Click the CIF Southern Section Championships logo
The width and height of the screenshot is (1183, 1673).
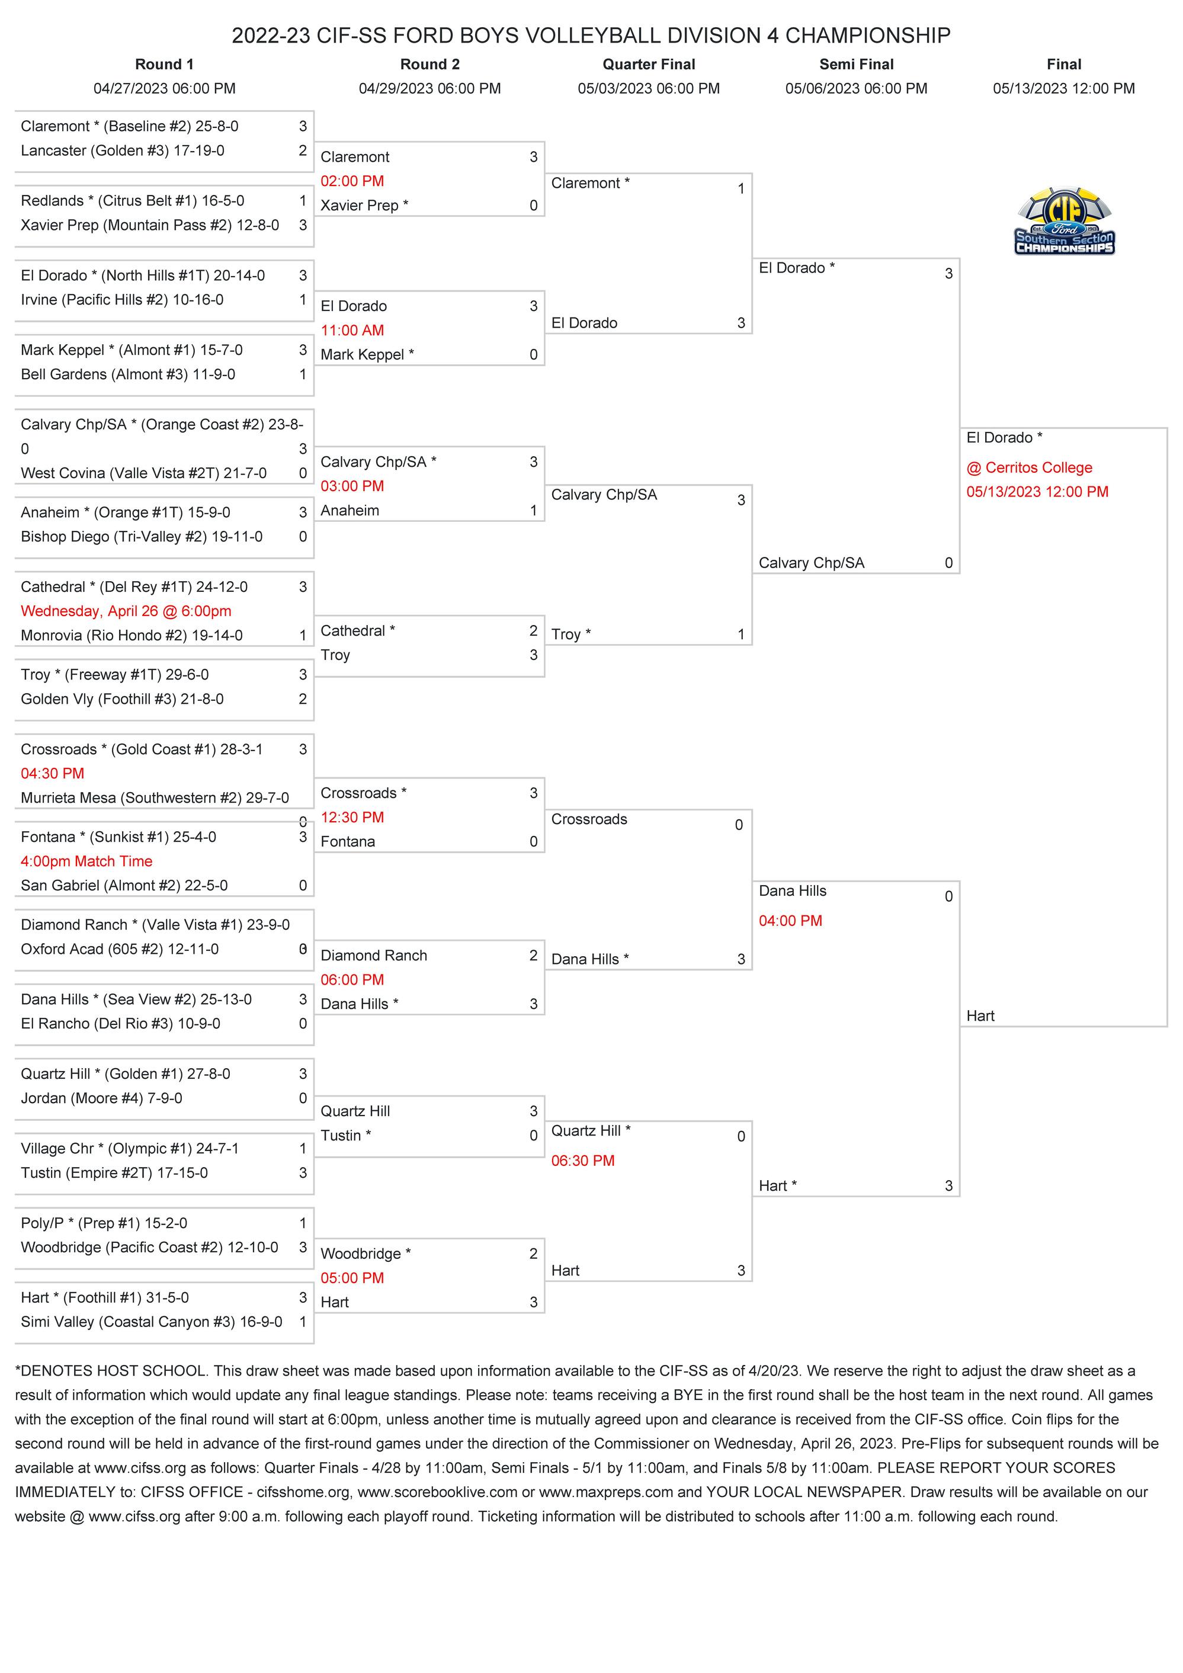coord(1065,222)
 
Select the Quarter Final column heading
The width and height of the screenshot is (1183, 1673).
coord(648,64)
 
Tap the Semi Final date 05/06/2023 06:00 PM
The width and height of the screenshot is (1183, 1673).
coord(856,89)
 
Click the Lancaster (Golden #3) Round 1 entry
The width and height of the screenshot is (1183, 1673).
coord(123,151)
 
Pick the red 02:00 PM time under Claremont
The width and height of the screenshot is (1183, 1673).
coord(352,181)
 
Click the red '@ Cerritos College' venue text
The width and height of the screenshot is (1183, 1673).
coord(1030,468)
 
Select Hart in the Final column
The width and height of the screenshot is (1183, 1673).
coord(980,1016)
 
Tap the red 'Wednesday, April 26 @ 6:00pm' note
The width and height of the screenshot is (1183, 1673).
coord(126,611)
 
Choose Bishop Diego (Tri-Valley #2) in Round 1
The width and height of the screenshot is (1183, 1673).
coord(142,537)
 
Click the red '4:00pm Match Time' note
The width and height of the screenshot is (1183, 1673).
coord(86,861)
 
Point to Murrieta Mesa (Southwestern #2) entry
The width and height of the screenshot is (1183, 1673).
coord(155,798)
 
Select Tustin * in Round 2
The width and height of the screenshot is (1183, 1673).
coord(346,1135)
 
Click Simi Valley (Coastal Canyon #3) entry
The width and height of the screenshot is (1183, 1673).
coord(152,1322)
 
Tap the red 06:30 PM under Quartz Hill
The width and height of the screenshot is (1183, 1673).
coord(583,1161)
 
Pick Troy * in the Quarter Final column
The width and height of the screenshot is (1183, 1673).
coord(571,634)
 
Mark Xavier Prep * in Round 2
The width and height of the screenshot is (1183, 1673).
coord(364,206)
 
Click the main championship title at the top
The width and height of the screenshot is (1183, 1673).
coord(591,35)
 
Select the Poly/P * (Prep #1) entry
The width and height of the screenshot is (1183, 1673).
coord(104,1223)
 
